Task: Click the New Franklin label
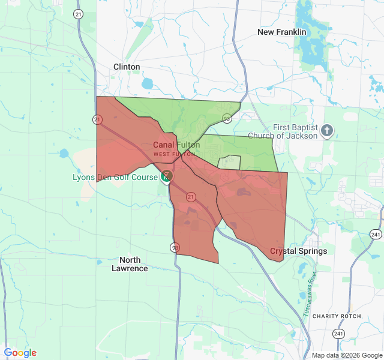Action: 281,32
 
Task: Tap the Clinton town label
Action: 127,67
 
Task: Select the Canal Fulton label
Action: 176,145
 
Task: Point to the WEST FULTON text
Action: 174,154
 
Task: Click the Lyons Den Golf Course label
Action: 115,177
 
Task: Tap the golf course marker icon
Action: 167,175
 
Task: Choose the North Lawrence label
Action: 130,264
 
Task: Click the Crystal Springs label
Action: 298,251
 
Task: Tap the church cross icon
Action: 327,131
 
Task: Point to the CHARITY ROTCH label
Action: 337,316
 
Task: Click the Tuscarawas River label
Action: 310,294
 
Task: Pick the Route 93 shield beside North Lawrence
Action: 175,247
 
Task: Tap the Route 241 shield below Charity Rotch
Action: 339,333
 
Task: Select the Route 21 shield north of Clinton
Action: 78,14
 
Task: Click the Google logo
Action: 20,353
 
